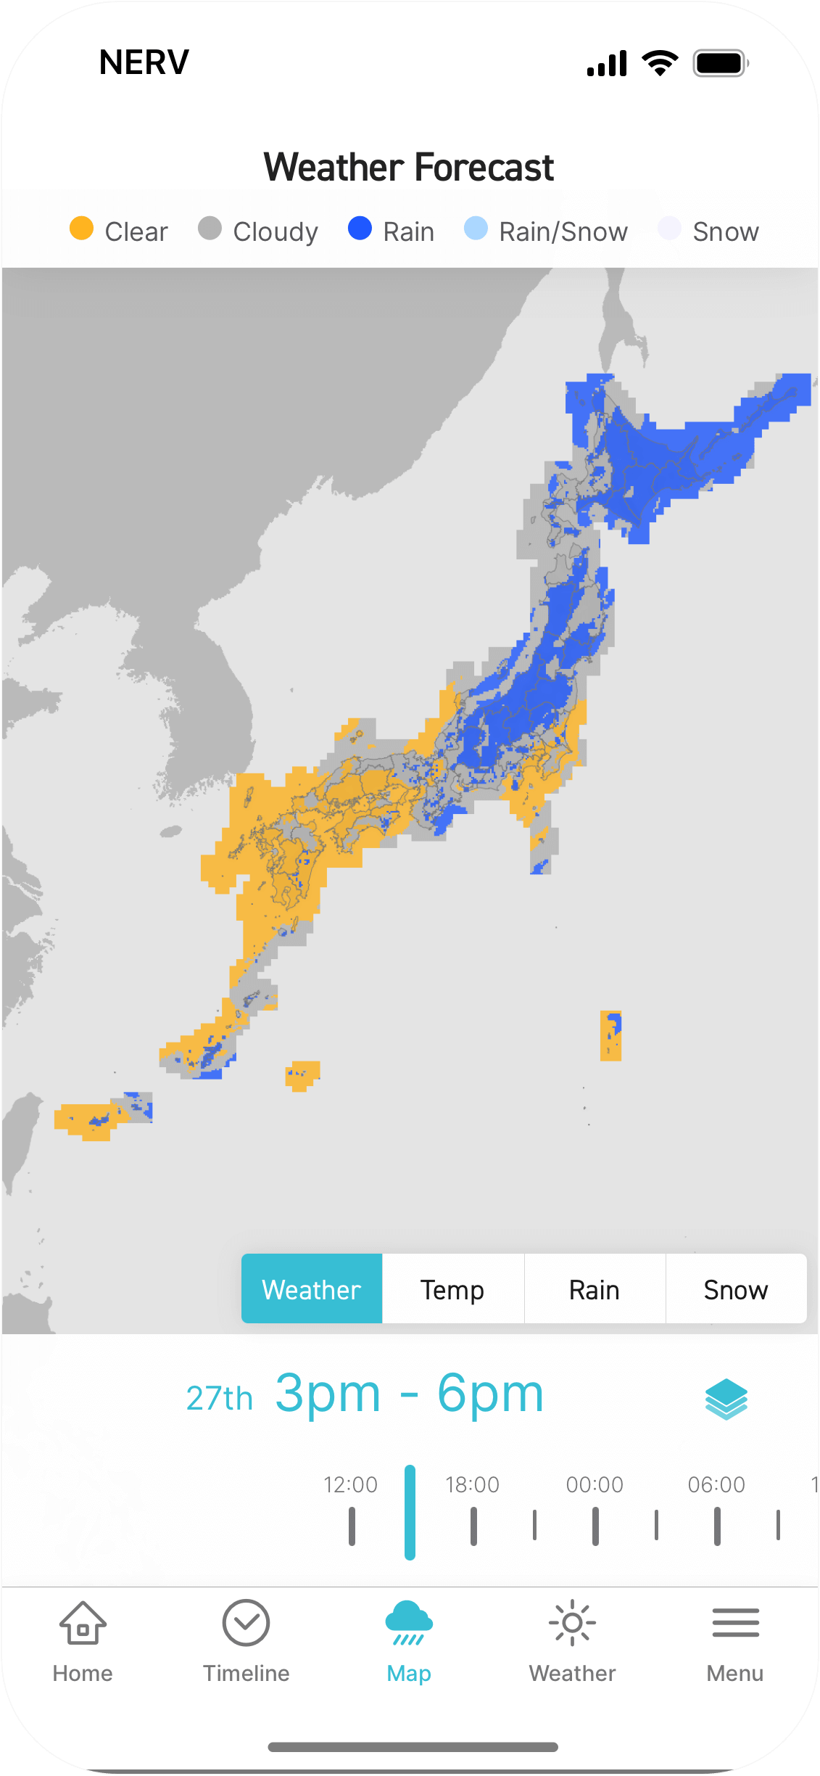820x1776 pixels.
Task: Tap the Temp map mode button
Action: tap(452, 1289)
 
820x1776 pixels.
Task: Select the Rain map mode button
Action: tap(595, 1289)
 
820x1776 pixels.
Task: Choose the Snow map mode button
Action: tap(735, 1289)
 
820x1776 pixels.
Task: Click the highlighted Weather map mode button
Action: tap(312, 1289)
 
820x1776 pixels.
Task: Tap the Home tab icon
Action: tap(83, 1624)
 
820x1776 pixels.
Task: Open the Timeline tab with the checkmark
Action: tap(247, 1624)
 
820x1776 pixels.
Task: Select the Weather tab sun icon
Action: tap(572, 1624)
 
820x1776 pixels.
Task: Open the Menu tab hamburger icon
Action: tap(735, 1624)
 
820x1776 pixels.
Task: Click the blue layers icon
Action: tap(726, 1398)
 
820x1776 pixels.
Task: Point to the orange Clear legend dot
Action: tap(81, 229)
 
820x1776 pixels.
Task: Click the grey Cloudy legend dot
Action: tap(210, 229)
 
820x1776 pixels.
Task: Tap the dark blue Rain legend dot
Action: tap(360, 229)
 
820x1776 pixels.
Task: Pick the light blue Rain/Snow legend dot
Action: tap(476, 229)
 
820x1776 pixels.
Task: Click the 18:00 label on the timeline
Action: tap(473, 1484)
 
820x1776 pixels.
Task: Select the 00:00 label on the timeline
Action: tap(595, 1484)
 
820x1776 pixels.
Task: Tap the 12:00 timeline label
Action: tap(351, 1484)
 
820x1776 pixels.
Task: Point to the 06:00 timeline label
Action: tap(716, 1484)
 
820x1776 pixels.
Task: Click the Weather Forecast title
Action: tap(409, 168)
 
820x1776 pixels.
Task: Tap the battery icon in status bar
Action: tap(720, 63)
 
